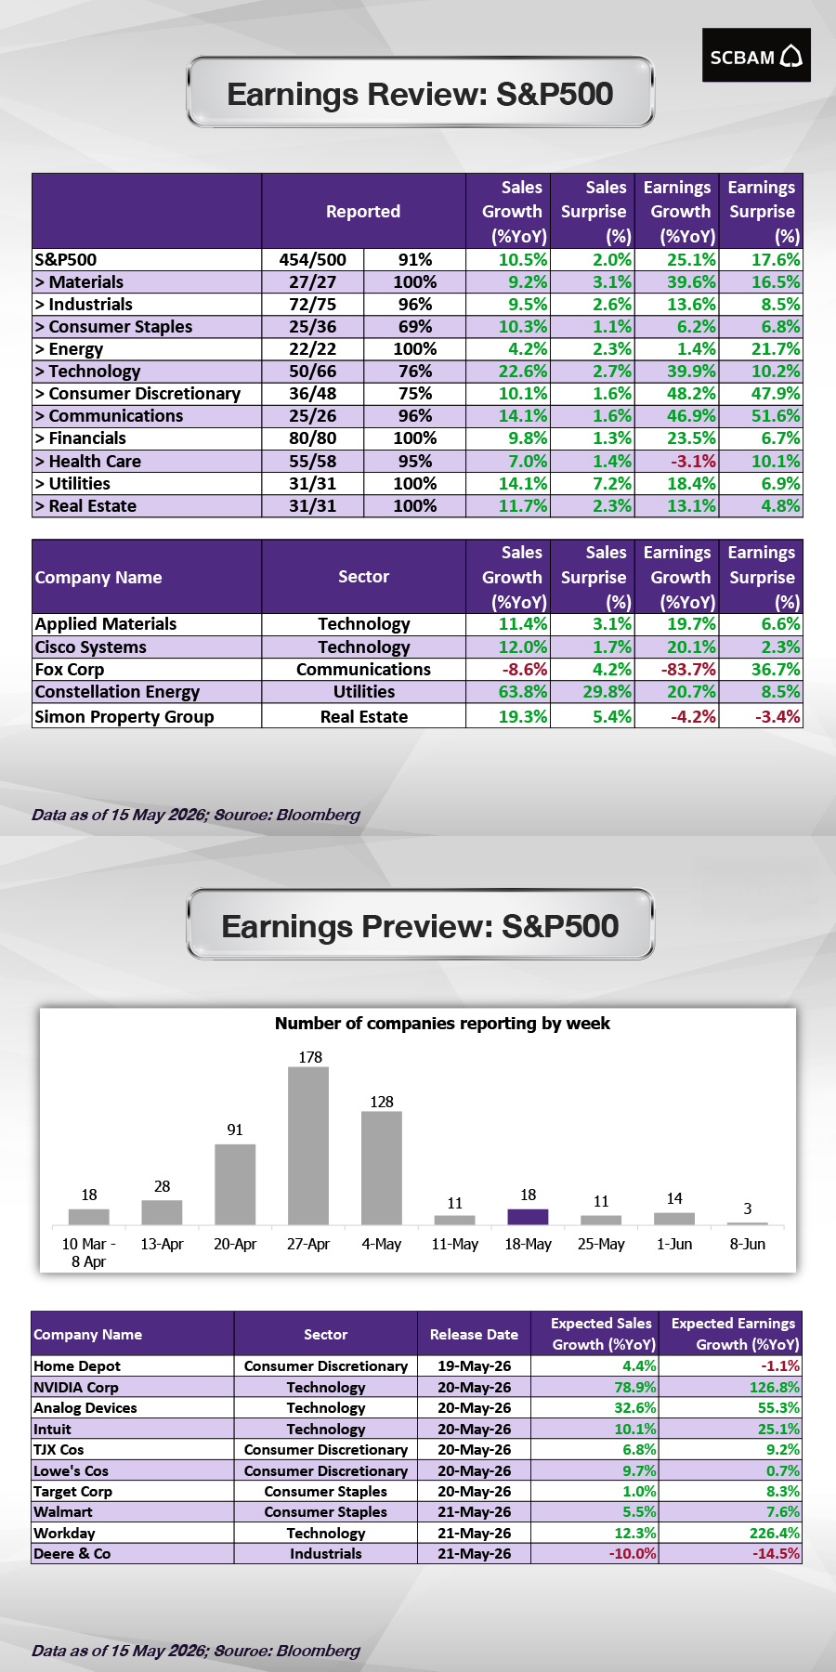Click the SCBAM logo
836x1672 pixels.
tap(756, 56)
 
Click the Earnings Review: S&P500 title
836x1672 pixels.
tap(420, 94)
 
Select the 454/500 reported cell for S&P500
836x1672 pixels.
tap(313, 260)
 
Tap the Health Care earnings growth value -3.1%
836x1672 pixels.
tap(692, 462)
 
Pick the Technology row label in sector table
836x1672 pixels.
tap(88, 372)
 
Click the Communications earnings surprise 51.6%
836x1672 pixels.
tap(776, 416)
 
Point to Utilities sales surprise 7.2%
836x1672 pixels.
tap(612, 484)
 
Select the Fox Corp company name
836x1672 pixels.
tap(70, 670)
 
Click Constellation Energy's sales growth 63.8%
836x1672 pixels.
tap(523, 692)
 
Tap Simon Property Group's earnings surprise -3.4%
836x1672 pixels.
tap(777, 717)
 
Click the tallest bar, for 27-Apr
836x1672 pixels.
tap(308, 1145)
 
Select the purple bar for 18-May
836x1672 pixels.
tap(528, 1217)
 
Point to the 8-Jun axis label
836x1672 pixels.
tap(748, 1244)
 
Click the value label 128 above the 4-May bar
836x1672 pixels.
tap(382, 1102)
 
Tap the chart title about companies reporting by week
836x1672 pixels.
tap(442, 1024)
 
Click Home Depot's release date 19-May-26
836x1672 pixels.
tap(474, 1366)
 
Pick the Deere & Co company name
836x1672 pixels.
tap(72, 1554)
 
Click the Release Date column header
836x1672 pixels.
tap(474, 1335)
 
